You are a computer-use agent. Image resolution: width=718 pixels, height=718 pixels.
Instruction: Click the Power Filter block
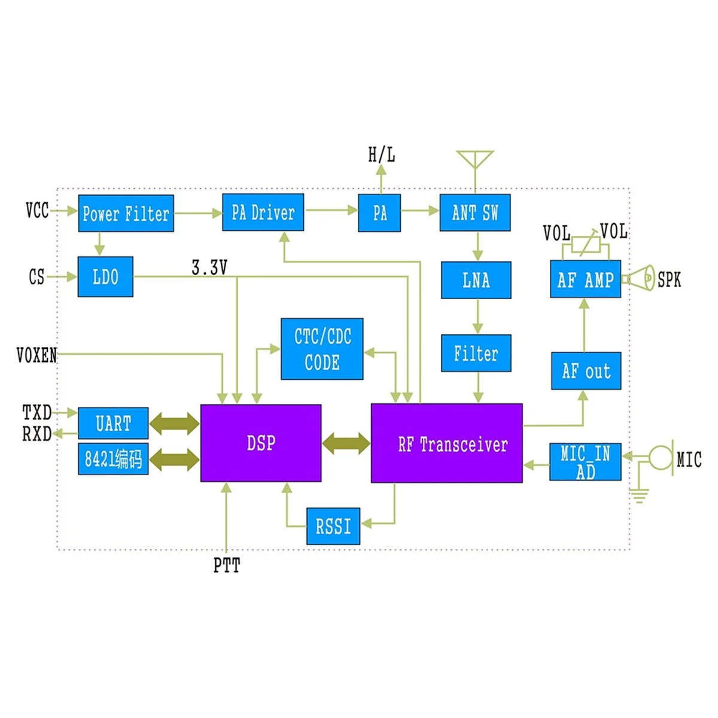pos(126,213)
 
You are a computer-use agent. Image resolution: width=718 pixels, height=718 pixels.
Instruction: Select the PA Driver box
pos(263,212)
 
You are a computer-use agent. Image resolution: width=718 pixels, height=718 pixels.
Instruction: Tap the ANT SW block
pos(474,212)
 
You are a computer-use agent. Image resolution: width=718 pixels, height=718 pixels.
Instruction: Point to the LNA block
pos(476,280)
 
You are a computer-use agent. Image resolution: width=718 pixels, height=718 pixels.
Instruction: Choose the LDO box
pos(105,276)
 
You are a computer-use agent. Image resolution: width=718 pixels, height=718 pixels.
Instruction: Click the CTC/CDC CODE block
pos(322,349)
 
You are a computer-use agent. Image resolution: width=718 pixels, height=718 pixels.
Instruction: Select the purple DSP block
pos(260,443)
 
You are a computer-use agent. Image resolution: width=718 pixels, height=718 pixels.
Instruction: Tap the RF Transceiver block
pos(446,443)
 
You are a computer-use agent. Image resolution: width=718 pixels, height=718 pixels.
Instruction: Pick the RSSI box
pos(333,527)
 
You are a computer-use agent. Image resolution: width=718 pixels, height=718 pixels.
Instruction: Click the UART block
pos(113,424)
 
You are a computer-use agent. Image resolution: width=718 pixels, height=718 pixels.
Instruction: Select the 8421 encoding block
pos(113,459)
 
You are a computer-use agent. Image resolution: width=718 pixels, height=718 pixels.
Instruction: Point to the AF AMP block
pos(585,279)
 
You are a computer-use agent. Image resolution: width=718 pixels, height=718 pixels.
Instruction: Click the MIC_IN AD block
pos(585,462)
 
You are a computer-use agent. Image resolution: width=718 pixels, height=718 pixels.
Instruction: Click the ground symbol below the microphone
pos(640,495)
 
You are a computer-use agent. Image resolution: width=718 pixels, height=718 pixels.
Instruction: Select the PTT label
pos(227,565)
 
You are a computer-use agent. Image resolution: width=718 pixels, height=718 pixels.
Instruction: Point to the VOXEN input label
pos(36,355)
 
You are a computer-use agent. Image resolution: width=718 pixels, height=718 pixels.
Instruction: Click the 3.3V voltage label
pos(209,267)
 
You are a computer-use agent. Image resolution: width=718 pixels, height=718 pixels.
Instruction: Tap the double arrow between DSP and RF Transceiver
pos(346,443)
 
